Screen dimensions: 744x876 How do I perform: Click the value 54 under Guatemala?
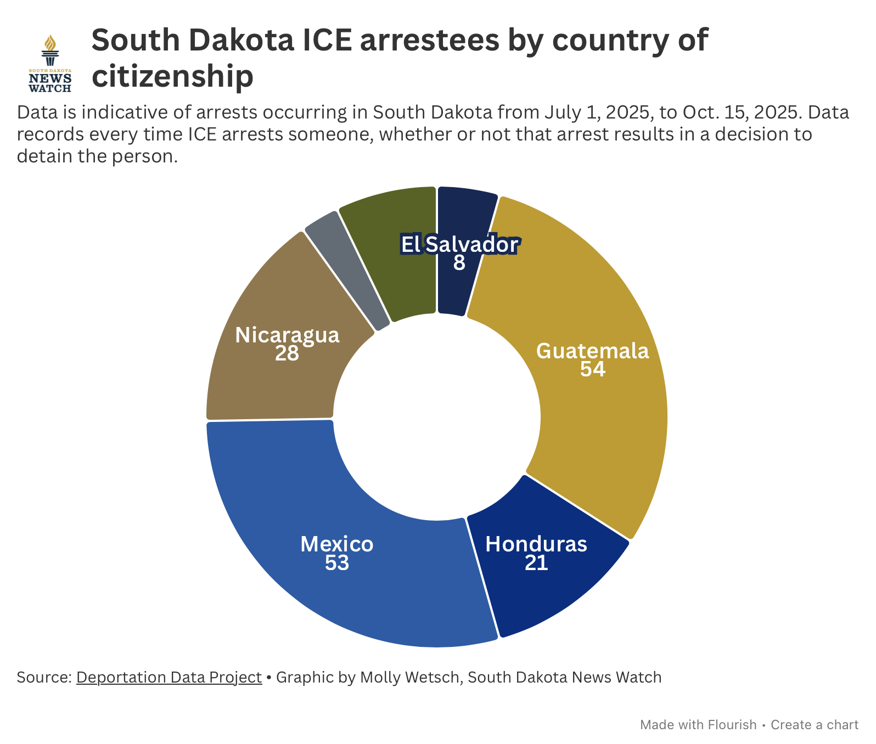592,369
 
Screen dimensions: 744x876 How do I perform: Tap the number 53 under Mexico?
337,563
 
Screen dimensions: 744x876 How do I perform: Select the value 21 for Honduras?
536,563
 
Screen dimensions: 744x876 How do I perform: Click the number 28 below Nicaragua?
287,354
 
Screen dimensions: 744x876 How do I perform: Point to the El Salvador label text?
459,245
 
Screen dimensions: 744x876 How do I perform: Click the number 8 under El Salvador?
459,263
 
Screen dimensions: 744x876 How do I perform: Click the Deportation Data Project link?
169,677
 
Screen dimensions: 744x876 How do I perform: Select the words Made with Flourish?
698,725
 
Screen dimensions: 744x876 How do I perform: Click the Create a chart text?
815,725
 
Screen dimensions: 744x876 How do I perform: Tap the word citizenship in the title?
172,76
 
